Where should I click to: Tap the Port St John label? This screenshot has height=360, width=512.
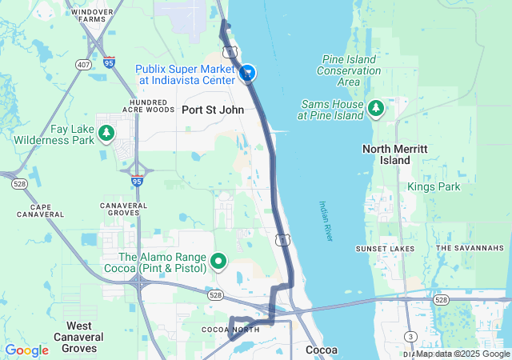pos(207,110)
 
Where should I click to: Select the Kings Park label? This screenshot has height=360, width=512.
pos(434,186)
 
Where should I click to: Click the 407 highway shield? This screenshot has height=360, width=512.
pos(84,63)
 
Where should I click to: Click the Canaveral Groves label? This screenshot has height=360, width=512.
pos(124,210)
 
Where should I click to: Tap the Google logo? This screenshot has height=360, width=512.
pos(26,350)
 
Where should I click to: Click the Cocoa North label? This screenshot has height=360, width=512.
pos(230,330)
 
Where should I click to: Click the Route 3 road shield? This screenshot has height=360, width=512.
pos(410,336)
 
